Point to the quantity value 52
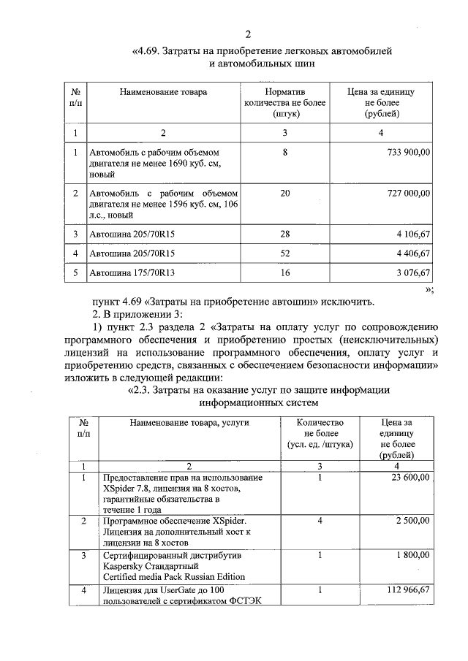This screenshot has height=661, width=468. click(x=284, y=253)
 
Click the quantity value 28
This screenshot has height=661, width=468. click(x=284, y=234)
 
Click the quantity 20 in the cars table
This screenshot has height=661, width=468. click(x=284, y=193)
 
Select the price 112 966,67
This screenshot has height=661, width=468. click(x=406, y=589)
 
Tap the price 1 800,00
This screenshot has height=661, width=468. click(x=411, y=554)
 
